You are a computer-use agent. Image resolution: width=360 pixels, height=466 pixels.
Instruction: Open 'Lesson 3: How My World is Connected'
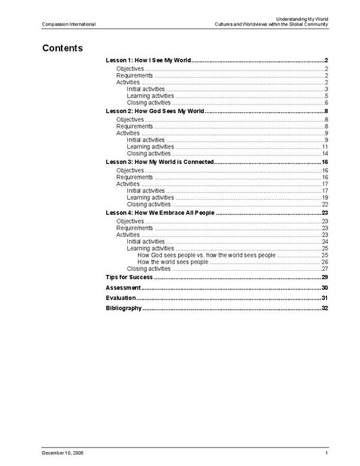point(160,163)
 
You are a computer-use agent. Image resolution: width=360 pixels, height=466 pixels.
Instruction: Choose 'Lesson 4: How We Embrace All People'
point(160,213)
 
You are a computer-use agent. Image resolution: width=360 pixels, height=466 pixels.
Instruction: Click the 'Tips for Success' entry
point(129,278)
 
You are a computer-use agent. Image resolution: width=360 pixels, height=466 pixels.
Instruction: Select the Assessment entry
point(123,288)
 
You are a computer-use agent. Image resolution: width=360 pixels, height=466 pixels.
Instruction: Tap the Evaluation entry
point(121,298)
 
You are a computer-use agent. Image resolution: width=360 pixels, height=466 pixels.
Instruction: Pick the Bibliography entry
point(124,308)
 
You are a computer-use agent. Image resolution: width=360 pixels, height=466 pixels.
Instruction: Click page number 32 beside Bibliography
point(325,308)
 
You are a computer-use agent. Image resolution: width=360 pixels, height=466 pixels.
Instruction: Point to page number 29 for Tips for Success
point(325,278)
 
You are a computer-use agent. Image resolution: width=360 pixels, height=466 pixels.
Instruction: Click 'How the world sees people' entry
point(173,261)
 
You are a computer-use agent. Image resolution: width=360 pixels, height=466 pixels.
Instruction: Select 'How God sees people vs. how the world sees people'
point(206,255)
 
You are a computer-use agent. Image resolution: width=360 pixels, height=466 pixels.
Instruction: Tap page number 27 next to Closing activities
point(325,269)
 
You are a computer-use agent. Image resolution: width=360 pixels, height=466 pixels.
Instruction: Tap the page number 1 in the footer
point(326,452)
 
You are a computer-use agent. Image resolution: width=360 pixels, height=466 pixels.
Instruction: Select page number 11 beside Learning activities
point(325,146)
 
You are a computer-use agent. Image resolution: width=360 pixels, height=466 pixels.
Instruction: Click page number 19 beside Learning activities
point(325,197)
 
